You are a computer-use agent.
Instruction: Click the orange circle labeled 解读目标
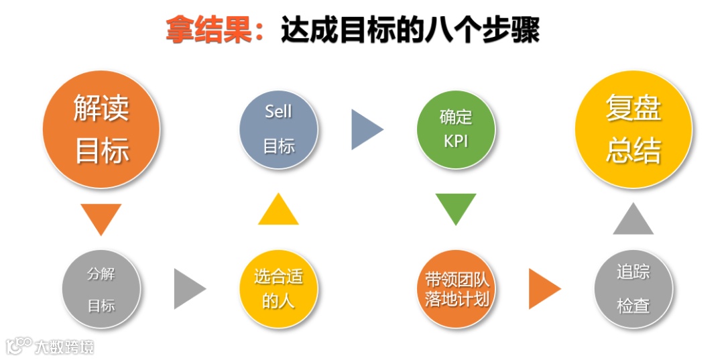pyautogui.click(x=101, y=129)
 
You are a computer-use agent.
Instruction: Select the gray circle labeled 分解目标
pyautogui.click(x=101, y=289)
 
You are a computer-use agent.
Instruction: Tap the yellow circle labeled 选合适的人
pyautogui.click(x=278, y=289)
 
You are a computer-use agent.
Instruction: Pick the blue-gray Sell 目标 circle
pyautogui.click(x=278, y=129)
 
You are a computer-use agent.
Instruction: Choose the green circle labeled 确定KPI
pyautogui.click(x=456, y=129)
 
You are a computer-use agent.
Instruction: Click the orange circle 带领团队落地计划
pyautogui.click(x=456, y=289)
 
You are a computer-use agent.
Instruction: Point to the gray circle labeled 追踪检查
pyautogui.click(x=633, y=289)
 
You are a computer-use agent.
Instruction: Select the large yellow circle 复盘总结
pyautogui.click(x=633, y=129)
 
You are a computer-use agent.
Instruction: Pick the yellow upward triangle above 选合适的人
pyautogui.click(x=278, y=211)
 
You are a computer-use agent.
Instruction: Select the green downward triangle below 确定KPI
pyautogui.click(x=456, y=207)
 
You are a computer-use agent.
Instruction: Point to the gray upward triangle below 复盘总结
pyautogui.click(x=633, y=221)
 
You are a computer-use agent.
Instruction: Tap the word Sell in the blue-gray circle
pyautogui.click(x=278, y=111)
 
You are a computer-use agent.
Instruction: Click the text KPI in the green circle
pyautogui.click(x=456, y=141)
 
